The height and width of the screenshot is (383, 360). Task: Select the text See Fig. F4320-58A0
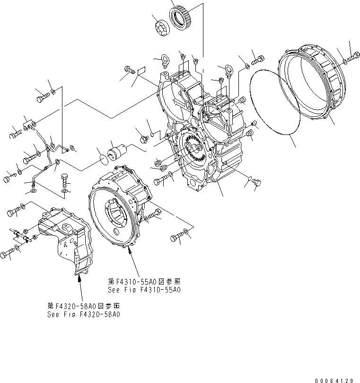click(83, 314)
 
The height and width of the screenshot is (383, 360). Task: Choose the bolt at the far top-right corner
click(352, 59)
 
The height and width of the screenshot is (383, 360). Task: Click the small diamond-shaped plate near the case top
click(140, 71)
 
